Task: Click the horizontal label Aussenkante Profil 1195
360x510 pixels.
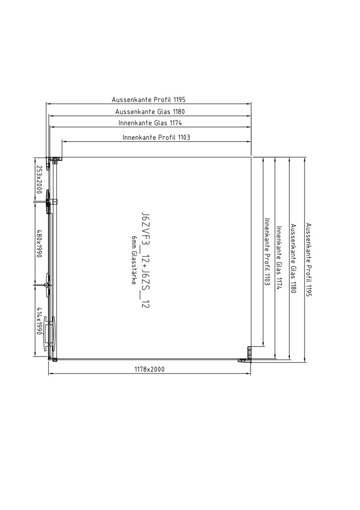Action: tap(149, 100)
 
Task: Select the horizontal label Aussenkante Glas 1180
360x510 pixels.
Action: tap(150, 111)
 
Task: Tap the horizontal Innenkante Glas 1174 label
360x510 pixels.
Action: tap(150, 123)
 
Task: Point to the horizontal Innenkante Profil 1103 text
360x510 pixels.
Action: tap(156, 137)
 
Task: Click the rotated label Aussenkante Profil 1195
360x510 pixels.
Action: tap(309, 260)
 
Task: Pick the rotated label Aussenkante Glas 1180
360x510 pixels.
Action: tap(293, 259)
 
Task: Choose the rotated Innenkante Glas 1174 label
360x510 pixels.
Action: tap(279, 257)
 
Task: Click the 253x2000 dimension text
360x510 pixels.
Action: tap(39, 179)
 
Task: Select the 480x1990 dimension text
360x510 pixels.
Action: tap(39, 244)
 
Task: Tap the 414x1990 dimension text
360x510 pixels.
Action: tap(39, 321)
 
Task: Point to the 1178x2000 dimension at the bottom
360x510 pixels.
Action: tap(150, 369)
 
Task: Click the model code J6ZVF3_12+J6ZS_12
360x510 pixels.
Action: tap(145, 260)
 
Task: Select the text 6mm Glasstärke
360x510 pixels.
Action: tap(134, 260)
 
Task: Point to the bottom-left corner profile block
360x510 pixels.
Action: tap(53, 359)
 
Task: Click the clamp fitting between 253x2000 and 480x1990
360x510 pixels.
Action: tap(50, 202)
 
